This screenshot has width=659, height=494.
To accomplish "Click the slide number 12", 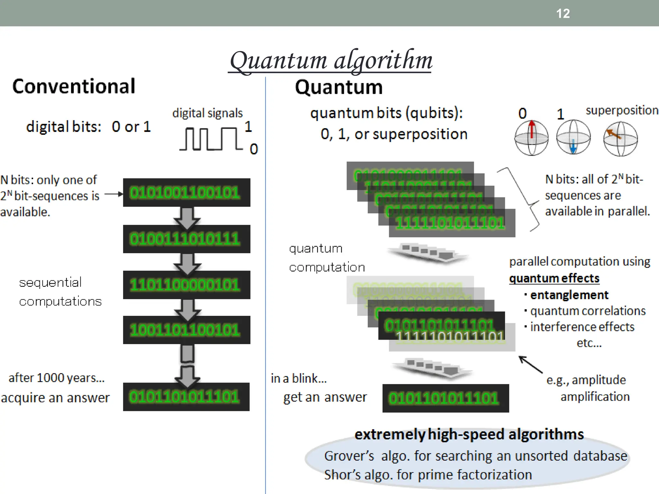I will (x=563, y=14).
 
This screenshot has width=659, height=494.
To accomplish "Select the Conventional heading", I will (x=74, y=86).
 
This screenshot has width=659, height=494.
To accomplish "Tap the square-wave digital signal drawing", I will (x=211, y=139).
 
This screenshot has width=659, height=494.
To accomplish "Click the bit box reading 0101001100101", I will (x=186, y=192).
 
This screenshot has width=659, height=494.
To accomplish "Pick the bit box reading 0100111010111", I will (x=186, y=239).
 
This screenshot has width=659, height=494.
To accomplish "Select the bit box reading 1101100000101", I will (x=186, y=285).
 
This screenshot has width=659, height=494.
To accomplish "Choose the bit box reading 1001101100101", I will (x=186, y=330).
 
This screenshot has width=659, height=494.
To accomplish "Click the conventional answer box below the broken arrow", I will (x=186, y=397).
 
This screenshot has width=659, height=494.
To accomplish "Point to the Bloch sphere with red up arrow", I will (x=531, y=138).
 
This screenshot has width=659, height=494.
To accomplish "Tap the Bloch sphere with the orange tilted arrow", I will (x=620, y=139).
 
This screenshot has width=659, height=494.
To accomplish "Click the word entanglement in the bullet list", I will (x=569, y=295).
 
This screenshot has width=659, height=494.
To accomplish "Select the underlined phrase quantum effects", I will (x=554, y=278).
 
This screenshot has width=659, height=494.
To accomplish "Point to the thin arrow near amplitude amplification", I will (x=531, y=364).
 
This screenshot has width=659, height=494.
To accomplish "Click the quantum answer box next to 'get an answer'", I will (x=445, y=398).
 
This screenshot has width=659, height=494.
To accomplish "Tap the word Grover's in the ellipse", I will (x=349, y=456).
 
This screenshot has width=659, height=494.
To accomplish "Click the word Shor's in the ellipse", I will (x=342, y=475).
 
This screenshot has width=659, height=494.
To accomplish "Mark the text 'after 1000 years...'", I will (x=57, y=378).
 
